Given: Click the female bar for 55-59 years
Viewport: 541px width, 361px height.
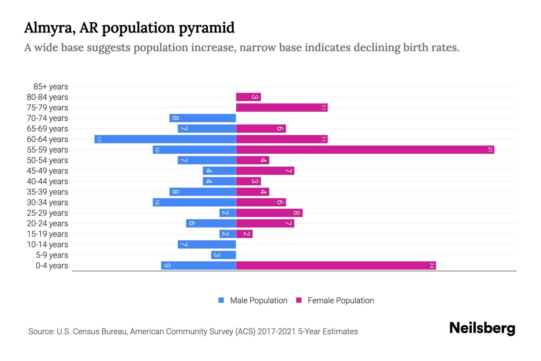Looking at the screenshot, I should (365, 150).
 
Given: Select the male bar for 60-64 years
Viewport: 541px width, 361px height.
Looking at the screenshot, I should (165, 139).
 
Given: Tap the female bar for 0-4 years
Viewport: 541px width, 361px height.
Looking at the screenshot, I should (336, 265).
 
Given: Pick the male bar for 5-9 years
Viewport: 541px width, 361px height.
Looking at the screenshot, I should (223, 255).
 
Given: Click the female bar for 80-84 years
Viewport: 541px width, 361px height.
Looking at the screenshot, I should (248, 97).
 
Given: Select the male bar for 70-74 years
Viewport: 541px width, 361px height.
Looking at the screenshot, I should (203, 118).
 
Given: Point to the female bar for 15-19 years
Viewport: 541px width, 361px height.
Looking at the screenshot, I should (244, 234).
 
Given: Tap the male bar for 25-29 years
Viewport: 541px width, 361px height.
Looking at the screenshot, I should (228, 213).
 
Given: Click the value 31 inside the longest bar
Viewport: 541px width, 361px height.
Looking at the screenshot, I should (490, 150).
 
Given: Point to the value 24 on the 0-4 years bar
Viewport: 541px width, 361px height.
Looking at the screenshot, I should (432, 265).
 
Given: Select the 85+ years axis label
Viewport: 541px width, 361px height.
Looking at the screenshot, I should (50, 87).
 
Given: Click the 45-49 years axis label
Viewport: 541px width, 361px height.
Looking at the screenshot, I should (47, 171).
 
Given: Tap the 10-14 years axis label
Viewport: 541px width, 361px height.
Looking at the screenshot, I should (47, 245).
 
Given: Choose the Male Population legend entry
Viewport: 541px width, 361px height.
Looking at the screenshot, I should (258, 300).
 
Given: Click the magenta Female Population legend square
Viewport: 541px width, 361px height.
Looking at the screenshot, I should (299, 300).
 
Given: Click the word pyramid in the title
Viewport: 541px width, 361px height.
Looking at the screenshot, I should (206, 28).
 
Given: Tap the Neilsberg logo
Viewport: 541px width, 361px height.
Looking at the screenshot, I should (482, 328).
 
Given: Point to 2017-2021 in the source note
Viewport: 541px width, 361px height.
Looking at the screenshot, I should (276, 332).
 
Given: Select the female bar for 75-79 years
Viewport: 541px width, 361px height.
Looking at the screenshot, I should (282, 107).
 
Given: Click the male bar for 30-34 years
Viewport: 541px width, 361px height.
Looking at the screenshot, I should (194, 202).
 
